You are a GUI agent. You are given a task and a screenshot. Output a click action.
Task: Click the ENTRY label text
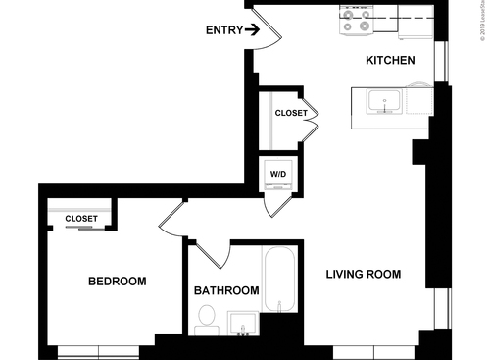[223, 30]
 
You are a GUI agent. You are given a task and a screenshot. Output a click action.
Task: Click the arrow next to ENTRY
[252, 30]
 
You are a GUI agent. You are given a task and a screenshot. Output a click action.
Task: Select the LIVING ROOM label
[363, 275]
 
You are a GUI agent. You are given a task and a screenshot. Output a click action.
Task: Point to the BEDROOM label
[117, 282]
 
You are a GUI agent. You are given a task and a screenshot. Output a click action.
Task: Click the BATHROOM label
[226, 291]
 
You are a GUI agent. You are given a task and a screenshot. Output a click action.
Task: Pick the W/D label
[278, 175]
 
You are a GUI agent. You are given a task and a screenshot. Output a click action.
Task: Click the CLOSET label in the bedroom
[81, 219]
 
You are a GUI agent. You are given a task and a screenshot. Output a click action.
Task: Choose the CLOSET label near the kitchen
[290, 113]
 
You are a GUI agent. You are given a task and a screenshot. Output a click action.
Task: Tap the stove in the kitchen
[354, 20]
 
